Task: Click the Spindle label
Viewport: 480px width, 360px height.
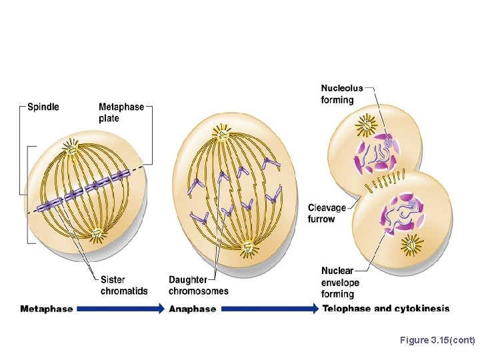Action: [43, 107]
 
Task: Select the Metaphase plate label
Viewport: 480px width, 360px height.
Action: [121, 113]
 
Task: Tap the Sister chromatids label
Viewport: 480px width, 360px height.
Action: [124, 285]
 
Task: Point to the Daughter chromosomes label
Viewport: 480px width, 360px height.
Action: [198, 285]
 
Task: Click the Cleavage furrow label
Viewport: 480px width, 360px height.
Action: [327, 213]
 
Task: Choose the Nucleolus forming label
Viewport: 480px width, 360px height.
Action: [341, 94]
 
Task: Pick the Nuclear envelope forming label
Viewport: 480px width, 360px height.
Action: [340, 282]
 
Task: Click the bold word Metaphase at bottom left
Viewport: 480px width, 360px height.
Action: [47, 309]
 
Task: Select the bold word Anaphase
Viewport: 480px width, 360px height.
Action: [193, 309]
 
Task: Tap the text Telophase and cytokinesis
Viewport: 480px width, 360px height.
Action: [385, 309]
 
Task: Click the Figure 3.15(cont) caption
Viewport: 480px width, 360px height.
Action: [437, 341]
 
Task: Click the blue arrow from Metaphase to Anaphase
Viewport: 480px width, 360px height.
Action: [120, 309]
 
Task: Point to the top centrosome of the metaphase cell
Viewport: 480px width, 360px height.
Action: [71, 146]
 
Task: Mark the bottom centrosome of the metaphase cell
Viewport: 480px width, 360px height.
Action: [97, 233]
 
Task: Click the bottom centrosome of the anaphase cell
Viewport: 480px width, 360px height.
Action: [248, 249]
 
